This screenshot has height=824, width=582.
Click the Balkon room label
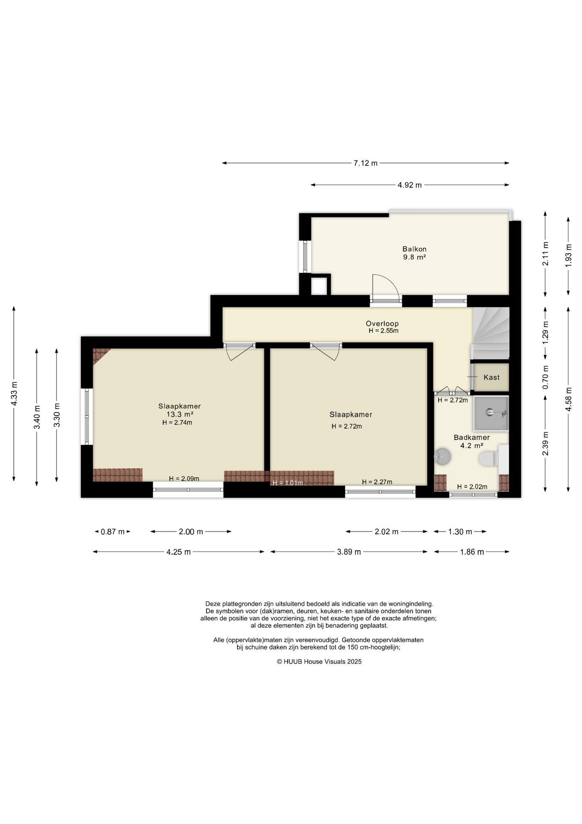[414, 249]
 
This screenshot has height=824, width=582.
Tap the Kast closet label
[491, 377]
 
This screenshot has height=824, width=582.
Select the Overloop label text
[382, 324]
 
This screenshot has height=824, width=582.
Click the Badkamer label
[471, 437]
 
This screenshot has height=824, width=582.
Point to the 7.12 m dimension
[365, 163]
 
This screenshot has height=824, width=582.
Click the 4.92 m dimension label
[410, 185]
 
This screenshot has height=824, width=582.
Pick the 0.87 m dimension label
[113, 532]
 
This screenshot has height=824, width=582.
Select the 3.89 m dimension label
[348, 552]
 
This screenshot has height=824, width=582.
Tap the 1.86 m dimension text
[472, 552]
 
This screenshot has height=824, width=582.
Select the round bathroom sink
[442, 457]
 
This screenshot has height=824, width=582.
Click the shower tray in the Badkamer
[491, 413]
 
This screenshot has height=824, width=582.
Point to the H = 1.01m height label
[288, 483]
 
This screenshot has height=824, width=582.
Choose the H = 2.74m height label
[177, 422]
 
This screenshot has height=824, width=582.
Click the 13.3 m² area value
[180, 414]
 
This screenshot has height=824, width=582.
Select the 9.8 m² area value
[414, 257]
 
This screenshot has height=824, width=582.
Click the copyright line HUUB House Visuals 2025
[319, 661]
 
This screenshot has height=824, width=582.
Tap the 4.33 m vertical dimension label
[14, 394]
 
